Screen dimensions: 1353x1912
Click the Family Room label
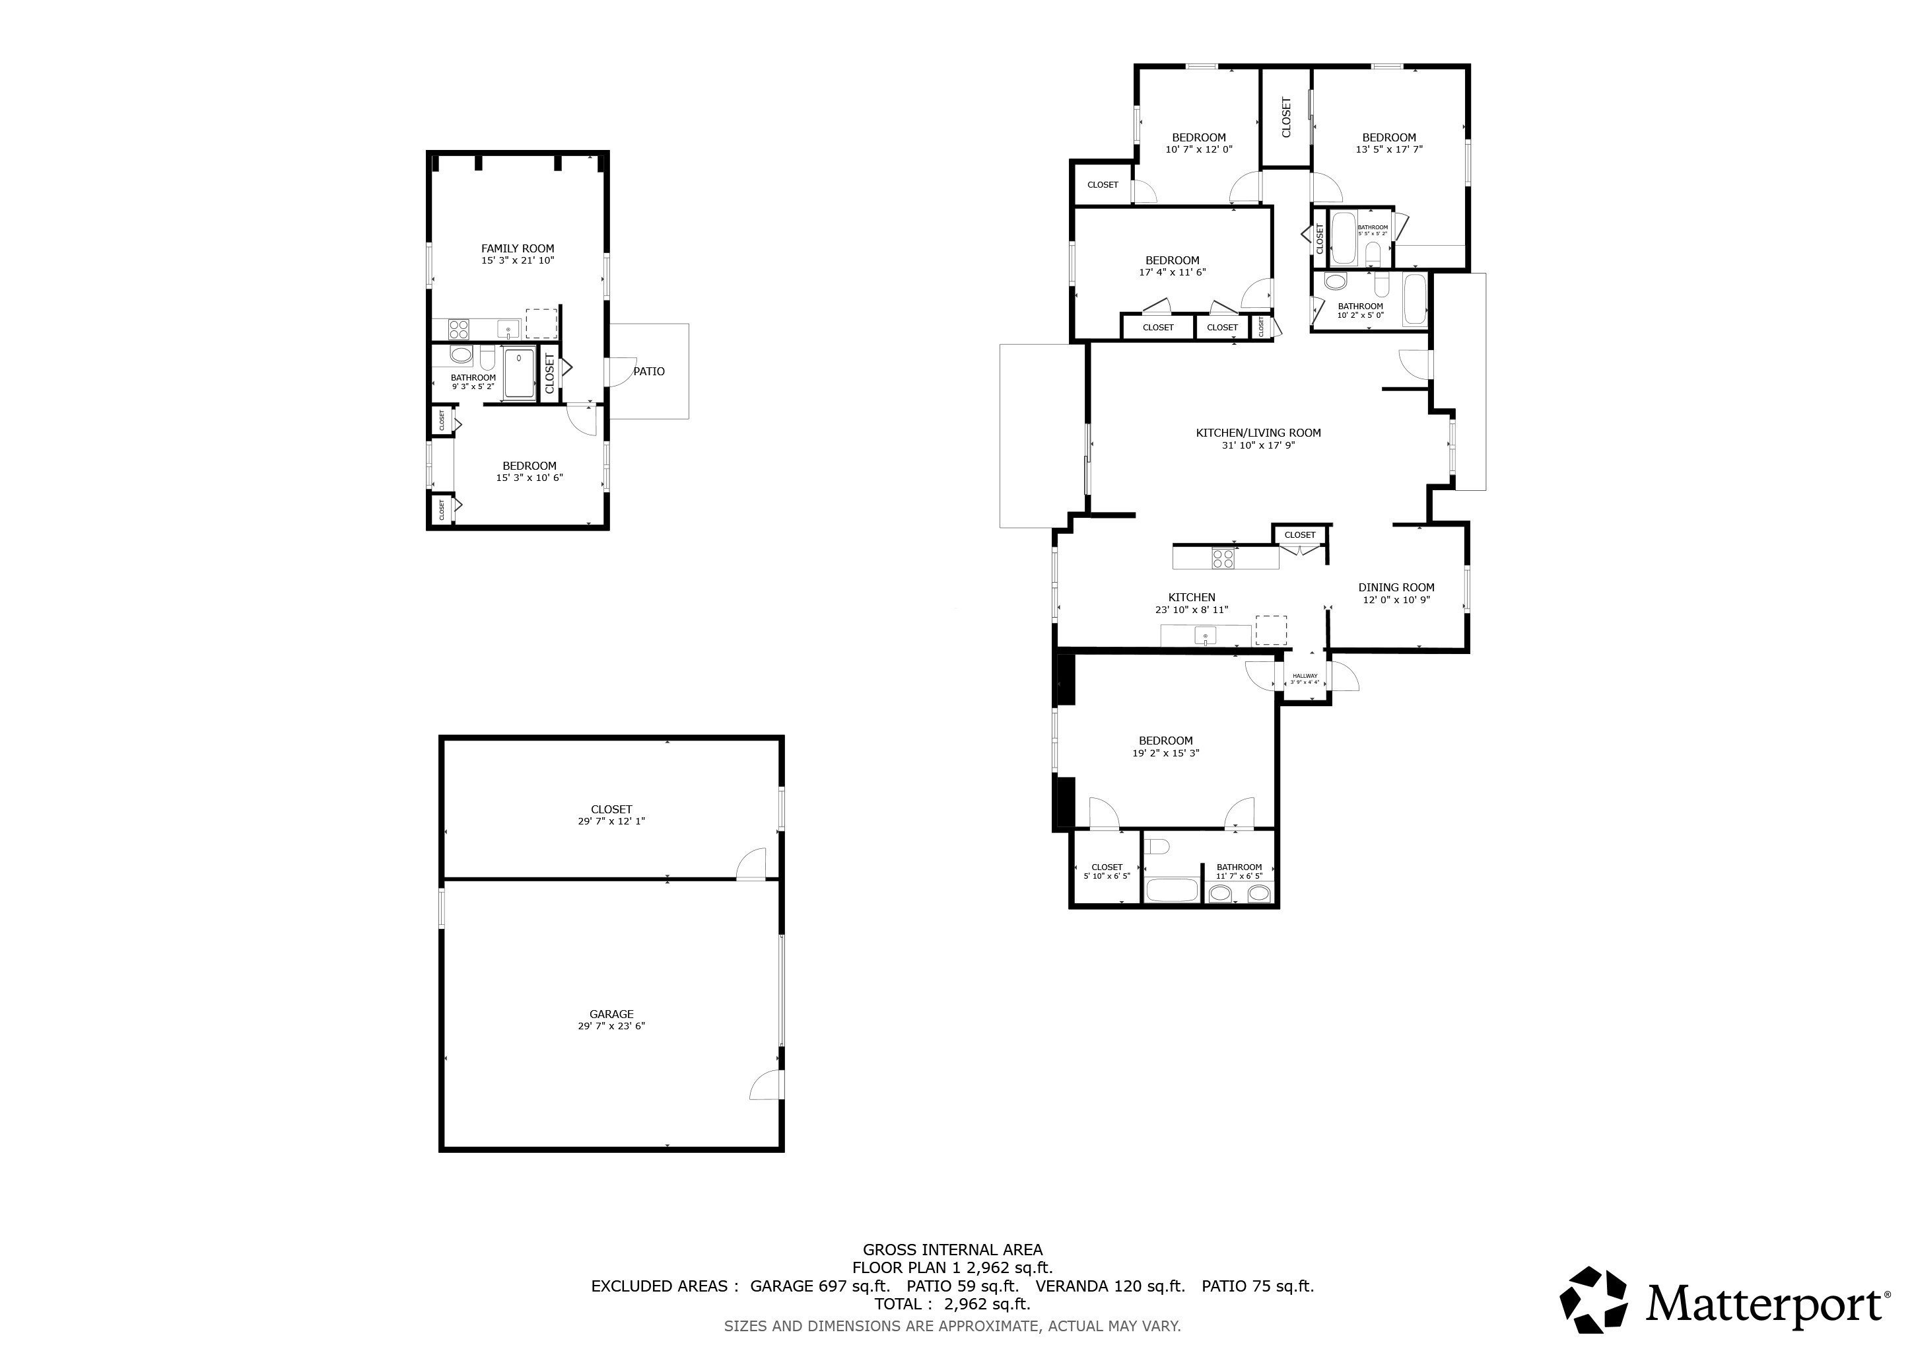517,248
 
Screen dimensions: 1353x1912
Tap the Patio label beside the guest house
649,371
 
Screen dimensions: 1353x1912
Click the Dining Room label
1396,587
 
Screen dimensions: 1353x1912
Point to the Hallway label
1305,676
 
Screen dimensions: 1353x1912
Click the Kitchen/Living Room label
1258,433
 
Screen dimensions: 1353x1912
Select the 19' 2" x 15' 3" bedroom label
1165,741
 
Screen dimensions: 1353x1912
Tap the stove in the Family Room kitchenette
458,329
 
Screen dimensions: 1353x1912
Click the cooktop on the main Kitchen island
1223,558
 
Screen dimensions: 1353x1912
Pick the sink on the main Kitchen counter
1205,636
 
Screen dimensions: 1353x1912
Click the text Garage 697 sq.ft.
819,1286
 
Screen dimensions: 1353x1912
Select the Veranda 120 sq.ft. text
1109,1286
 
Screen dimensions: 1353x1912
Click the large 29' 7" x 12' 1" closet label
611,809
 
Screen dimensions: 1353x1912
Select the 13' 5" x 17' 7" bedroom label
1388,137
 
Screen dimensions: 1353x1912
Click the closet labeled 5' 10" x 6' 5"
1106,867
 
